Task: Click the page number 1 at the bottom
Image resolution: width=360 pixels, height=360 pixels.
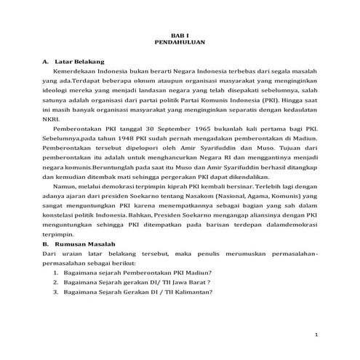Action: (x=316, y=335)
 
